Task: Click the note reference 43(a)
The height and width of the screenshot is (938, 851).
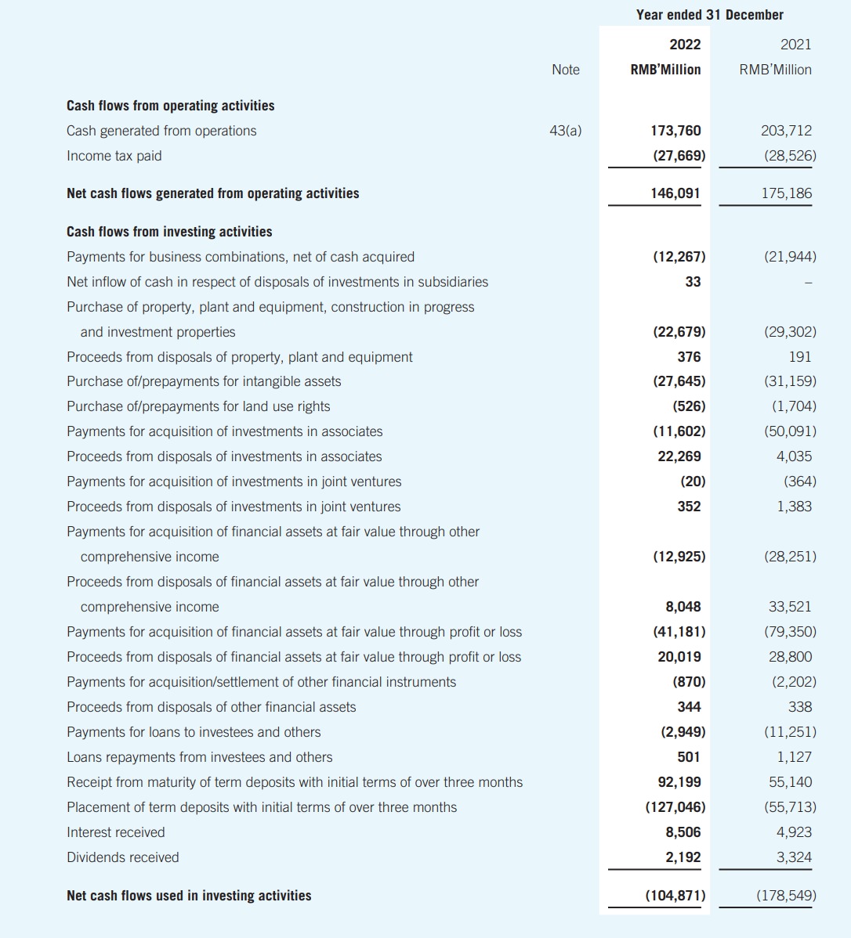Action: [x=565, y=131]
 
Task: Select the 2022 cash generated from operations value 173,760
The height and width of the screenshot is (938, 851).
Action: [x=677, y=131]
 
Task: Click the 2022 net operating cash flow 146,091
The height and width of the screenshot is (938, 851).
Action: [x=677, y=193]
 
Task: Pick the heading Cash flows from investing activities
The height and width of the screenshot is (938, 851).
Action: [x=169, y=232]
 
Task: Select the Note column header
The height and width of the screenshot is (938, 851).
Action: [x=565, y=70]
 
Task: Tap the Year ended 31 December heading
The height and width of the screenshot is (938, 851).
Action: [x=709, y=15]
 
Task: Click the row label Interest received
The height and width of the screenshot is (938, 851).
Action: [x=116, y=832]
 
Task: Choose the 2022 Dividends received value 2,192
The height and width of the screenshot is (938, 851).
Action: [x=683, y=857]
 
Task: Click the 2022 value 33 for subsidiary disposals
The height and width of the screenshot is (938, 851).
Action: [x=693, y=282]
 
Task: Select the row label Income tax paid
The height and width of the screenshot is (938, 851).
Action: [x=114, y=156]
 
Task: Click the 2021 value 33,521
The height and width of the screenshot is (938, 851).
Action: [x=790, y=607]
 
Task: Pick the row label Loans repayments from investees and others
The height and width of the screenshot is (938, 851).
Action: [x=199, y=757]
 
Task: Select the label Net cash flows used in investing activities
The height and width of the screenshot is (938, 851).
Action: [x=189, y=896]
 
